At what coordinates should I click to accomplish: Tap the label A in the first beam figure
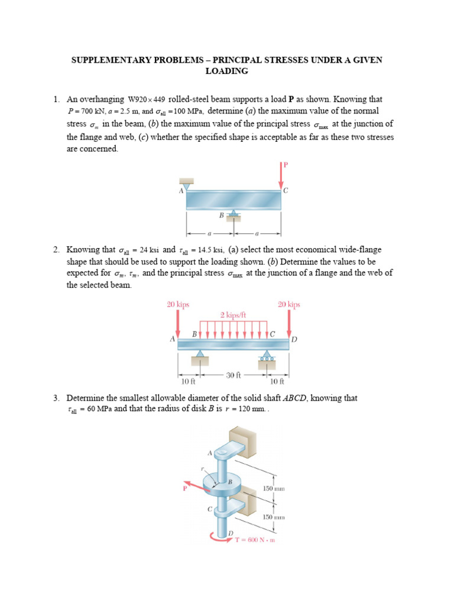(x=181, y=190)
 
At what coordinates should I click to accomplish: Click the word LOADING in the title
(x=226, y=71)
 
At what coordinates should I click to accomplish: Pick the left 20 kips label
(x=177, y=304)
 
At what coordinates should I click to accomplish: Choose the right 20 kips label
(x=289, y=304)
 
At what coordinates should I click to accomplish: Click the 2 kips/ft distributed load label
(x=234, y=315)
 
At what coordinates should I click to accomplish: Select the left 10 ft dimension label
(x=188, y=382)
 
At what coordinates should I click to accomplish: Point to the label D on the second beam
(x=294, y=339)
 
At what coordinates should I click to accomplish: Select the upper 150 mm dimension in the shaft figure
(x=274, y=489)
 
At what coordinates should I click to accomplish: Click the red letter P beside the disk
(x=184, y=488)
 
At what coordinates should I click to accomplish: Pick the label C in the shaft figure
(x=208, y=508)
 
